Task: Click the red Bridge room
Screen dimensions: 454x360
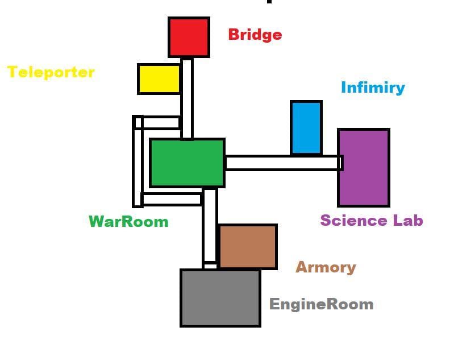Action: click(x=189, y=37)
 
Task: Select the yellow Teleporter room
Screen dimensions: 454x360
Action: click(x=159, y=79)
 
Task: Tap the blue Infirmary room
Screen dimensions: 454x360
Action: click(x=306, y=127)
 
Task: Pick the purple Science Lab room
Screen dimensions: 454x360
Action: click(x=364, y=168)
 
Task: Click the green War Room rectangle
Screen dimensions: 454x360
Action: click(x=187, y=163)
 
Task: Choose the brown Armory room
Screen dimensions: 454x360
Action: click(x=248, y=247)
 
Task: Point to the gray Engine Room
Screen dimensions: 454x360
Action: click(x=220, y=298)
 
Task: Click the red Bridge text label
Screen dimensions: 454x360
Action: click(x=255, y=35)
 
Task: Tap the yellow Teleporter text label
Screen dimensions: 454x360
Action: click(x=51, y=72)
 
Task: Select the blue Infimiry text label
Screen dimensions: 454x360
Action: click(x=373, y=88)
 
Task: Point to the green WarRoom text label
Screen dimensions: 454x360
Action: click(x=128, y=222)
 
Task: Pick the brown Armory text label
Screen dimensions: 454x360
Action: click(x=326, y=267)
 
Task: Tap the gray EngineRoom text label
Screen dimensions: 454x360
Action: click(x=322, y=304)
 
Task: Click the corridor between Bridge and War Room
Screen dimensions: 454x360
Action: click(x=187, y=99)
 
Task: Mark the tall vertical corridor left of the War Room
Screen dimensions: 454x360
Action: click(x=138, y=162)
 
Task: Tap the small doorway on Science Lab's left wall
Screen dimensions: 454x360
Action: click(x=341, y=163)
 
